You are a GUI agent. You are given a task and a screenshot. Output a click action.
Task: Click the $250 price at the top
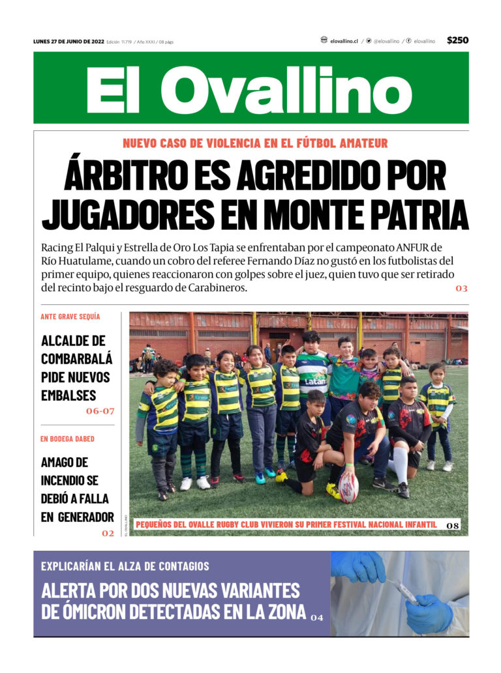tap(457, 40)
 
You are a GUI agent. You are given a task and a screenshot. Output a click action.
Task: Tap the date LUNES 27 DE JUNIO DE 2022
tap(68, 42)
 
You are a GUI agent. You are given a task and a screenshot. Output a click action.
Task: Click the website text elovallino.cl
tap(343, 41)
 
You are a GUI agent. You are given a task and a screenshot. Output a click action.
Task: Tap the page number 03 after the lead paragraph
tap(461, 288)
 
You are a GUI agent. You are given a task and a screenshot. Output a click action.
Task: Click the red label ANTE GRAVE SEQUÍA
tap(70, 317)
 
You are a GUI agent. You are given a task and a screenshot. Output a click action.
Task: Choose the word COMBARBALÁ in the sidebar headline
tap(76, 358)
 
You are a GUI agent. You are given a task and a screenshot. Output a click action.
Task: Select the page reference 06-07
tap(100, 411)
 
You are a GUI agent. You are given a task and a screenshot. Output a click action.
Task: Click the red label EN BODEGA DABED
tap(67, 439)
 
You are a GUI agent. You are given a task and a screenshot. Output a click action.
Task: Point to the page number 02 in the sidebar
tap(108, 534)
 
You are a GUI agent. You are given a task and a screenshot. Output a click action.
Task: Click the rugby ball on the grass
tap(348, 487)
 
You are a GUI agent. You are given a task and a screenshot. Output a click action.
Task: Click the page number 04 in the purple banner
tap(316, 617)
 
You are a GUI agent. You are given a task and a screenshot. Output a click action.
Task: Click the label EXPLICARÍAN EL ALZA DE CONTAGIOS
tap(125, 566)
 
